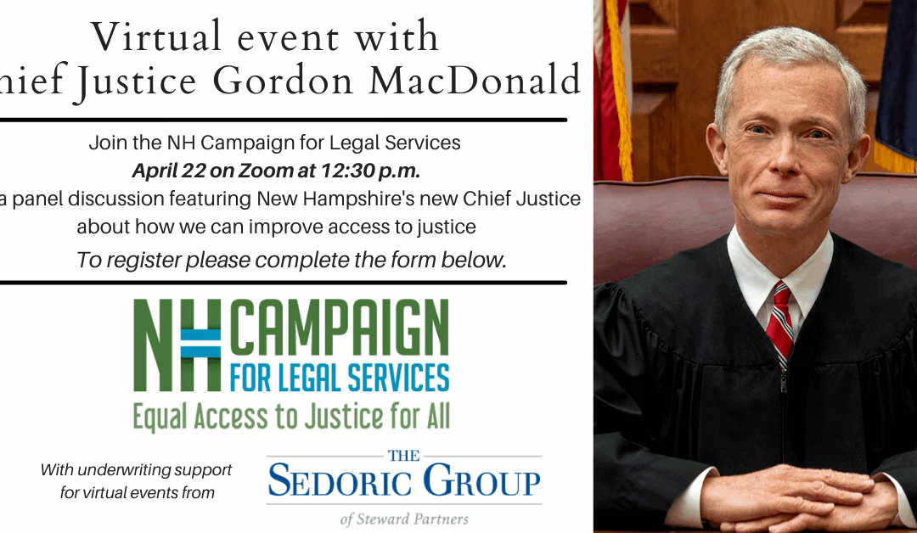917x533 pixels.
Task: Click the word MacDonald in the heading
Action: [x=475, y=81]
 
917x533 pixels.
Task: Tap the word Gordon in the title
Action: [x=283, y=81]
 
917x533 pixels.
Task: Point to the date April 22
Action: [x=168, y=171]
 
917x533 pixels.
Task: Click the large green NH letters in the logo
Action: [x=177, y=345]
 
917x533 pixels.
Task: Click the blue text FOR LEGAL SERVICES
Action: [x=339, y=378]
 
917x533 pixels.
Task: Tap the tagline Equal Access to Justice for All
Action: [x=291, y=417]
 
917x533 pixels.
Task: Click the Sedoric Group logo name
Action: [x=404, y=480]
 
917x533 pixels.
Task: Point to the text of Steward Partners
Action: [x=404, y=519]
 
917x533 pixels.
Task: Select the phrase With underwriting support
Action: [x=136, y=470]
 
